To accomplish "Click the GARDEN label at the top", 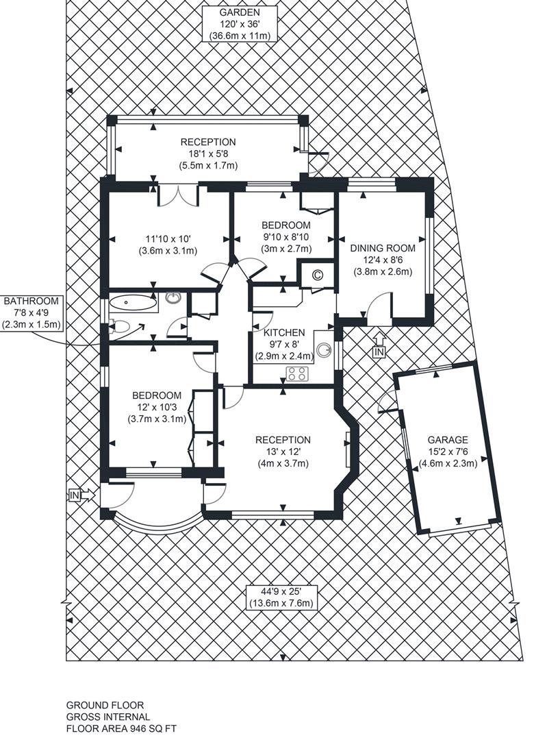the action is coord(239,13).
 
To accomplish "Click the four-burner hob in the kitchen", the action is coord(298,374).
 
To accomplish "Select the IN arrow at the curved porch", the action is coord(82,495).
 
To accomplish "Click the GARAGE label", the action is coord(448,440).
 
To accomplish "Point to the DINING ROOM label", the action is coord(383,248).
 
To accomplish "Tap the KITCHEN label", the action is coord(284,332).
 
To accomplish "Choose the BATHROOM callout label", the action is coord(31,301).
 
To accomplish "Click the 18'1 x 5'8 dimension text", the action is coord(208,154).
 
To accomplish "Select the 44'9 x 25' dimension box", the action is coord(281,597).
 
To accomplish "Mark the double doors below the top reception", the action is coord(178,195).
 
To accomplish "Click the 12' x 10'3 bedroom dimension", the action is coord(157,407).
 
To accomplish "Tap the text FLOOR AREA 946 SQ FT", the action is coord(121,728).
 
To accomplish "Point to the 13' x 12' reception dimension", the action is coord(283,452).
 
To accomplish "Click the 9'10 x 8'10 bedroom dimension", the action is coord(286,236).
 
